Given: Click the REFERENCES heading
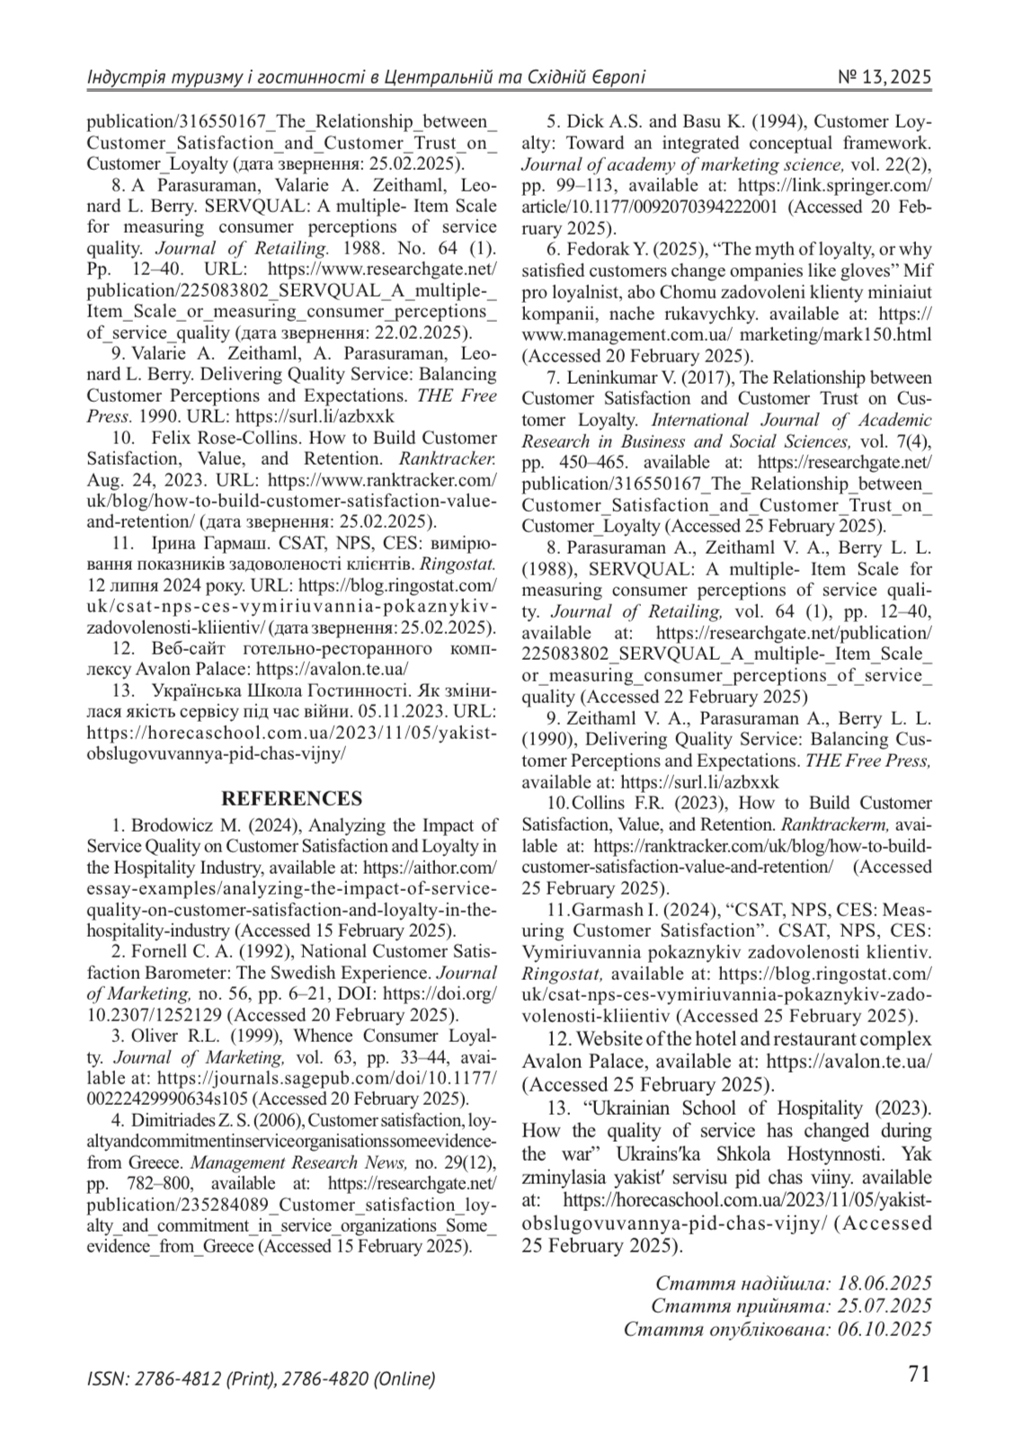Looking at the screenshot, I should [x=292, y=798].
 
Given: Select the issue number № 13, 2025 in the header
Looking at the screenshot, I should [x=884, y=77].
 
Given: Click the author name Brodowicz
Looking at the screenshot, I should [x=169, y=825].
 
